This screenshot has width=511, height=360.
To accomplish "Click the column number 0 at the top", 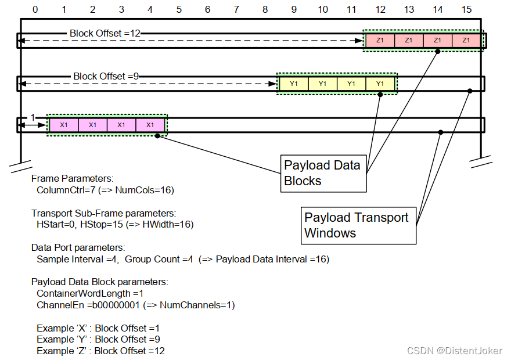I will [x=35, y=9].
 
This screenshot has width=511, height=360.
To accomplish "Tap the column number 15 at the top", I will [x=466, y=9].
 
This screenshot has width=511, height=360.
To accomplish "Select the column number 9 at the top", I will [x=294, y=9].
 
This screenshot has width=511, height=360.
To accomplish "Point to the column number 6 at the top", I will [x=207, y=9].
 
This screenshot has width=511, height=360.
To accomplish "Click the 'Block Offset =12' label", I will [x=105, y=33].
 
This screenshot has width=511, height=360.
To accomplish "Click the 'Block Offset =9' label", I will [x=106, y=76].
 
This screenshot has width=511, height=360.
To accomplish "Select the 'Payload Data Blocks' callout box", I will [x=323, y=173].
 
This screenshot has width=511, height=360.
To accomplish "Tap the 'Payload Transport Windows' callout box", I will [x=358, y=225].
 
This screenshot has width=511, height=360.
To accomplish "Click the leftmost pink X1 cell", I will [x=64, y=125].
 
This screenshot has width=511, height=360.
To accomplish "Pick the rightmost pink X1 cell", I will [x=150, y=125].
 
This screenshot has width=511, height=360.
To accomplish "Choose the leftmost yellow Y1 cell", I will [x=294, y=84].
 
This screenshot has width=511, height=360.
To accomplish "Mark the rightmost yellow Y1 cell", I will [x=380, y=84].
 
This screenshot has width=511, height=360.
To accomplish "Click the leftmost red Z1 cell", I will [x=380, y=41].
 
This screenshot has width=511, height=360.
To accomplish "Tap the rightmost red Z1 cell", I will [x=466, y=41].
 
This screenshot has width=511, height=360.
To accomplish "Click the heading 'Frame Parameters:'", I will [x=72, y=179].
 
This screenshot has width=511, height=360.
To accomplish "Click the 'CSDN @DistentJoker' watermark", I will [x=455, y=351].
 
